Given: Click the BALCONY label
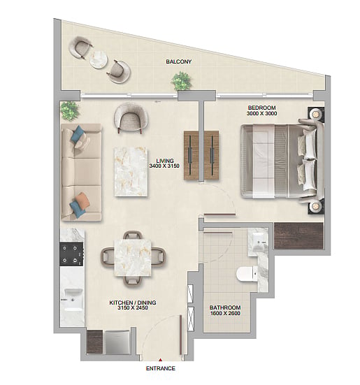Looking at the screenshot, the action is pyautogui.click(x=178, y=61).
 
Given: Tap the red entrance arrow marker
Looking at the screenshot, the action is pyautogui.click(x=160, y=361).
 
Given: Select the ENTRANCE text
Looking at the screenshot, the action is pyautogui.click(x=161, y=368).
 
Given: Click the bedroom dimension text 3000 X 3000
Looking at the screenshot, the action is pyautogui.click(x=261, y=113).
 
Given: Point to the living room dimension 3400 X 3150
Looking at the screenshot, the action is pyautogui.click(x=164, y=166).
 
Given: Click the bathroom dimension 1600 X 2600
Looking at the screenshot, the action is pyautogui.click(x=225, y=313).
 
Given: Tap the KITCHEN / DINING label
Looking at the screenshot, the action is pyautogui.click(x=133, y=303).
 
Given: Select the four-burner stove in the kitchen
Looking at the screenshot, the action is pyautogui.click(x=72, y=254).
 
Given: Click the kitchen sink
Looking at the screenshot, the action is pyautogui.click(x=73, y=299).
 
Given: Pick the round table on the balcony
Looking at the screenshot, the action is pyautogui.click(x=99, y=59).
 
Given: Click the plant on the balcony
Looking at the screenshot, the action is pyautogui.click(x=182, y=80).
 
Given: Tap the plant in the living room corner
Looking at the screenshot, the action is pyautogui.click(x=70, y=110).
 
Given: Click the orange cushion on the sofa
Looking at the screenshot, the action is pyautogui.click(x=82, y=198).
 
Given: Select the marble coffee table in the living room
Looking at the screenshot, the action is pyautogui.click(x=131, y=171).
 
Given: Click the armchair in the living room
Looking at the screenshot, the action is pyautogui.click(x=131, y=117).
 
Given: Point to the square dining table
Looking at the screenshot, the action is pyautogui.click(x=133, y=258).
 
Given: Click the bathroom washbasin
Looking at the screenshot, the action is pyautogui.click(x=259, y=242).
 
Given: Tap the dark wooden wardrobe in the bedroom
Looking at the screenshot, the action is pyautogui.click(x=298, y=235).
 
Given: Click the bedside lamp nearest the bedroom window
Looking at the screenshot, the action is pyautogui.click(x=315, y=114).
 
